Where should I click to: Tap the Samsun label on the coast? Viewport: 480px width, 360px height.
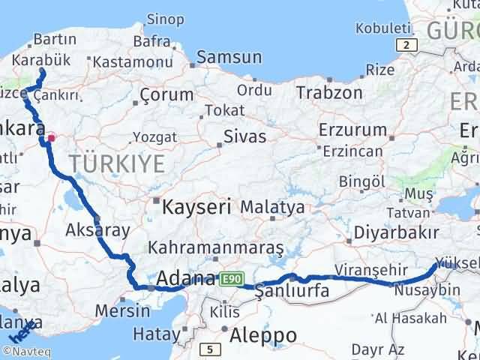click(229, 58)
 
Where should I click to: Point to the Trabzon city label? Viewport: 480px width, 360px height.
click(329, 93)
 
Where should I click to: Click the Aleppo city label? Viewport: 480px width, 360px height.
click(264, 334)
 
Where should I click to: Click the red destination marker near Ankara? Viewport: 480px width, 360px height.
click(51, 137)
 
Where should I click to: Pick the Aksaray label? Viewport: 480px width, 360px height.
click(98, 229)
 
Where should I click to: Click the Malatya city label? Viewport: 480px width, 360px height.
click(278, 207)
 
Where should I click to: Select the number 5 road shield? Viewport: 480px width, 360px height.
click(212, 349)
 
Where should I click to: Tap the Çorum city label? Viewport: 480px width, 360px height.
click(167, 96)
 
